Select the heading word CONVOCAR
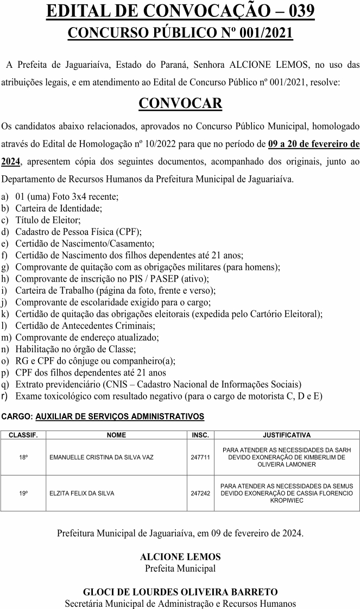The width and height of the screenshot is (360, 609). click(x=180, y=103)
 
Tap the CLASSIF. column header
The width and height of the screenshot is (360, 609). click(x=23, y=435)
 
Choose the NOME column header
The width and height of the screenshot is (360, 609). click(x=116, y=435)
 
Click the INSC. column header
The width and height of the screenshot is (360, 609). click(x=200, y=435)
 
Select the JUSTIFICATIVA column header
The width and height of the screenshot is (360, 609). click(x=287, y=435)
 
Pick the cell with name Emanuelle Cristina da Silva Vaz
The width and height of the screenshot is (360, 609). click(x=102, y=458)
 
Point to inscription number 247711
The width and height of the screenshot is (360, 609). click(x=200, y=458)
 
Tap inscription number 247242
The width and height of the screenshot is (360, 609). click(x=200, y=493)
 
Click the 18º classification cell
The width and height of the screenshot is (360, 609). click(x=23, y=458)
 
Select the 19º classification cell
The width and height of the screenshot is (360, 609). click(x=23, y=493)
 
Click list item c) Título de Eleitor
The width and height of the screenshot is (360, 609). click(x=48, y=220)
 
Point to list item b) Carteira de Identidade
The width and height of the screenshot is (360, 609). click(x=59, y=208)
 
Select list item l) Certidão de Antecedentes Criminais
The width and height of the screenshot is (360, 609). click(x=85, y=326)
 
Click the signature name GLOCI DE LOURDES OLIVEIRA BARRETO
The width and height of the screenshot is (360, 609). click(x=180, y=592)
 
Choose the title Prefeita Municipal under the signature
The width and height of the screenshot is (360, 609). click(x=180, y=568)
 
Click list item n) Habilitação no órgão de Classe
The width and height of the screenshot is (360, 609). click(x=75, y=350)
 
